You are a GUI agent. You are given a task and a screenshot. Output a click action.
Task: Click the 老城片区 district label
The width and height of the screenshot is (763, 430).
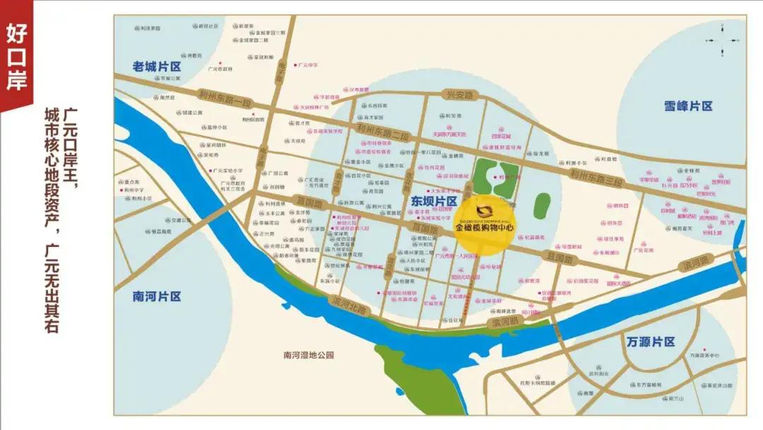tap(157, 66)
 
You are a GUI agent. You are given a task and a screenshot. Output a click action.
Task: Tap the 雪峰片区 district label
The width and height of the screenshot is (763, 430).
tap(688, 106)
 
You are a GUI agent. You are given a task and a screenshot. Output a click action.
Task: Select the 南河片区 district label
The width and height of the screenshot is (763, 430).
tap(157, 296)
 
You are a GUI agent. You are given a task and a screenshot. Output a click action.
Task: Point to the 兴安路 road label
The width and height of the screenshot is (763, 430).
tap(459, 94)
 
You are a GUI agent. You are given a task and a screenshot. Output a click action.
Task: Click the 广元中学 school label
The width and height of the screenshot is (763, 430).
tap(308, 65)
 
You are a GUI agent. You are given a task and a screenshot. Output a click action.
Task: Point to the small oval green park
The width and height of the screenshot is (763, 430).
tap(542, 205)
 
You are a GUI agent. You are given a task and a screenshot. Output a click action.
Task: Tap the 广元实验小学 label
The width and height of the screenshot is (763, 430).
tap(227, 170)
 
